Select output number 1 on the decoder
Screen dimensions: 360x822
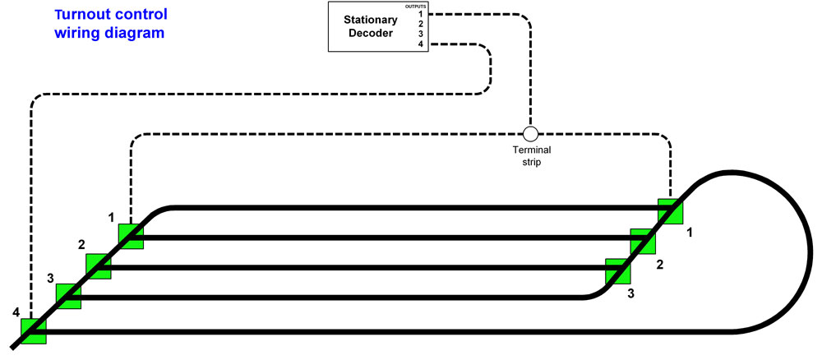(420, 14)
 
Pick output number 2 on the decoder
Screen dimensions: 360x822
(420, 24)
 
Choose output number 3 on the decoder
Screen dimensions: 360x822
(420, 34)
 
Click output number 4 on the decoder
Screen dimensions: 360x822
(420, 44)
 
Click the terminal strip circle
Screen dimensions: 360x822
(530, 133)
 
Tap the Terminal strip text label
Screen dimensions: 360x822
(532, 156)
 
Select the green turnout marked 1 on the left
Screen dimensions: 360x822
(131, 236)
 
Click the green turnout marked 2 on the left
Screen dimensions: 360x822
(99, 265)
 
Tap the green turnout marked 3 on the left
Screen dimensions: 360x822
(68, 296)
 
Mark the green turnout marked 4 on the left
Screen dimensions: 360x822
(34, 330)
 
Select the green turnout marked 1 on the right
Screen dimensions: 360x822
(670, 211)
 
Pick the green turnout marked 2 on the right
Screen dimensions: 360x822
(642, 242)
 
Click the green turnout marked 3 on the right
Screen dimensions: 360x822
(617, 271)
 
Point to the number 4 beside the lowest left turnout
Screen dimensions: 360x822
(16, 312)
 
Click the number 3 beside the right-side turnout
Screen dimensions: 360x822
(630, 293)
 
